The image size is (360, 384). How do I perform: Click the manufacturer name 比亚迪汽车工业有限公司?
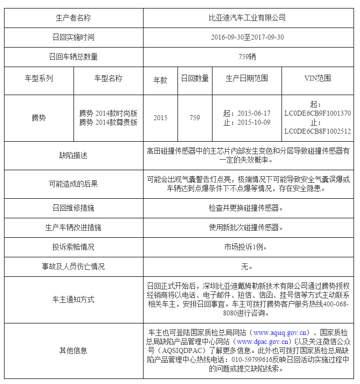[x=247, y=18]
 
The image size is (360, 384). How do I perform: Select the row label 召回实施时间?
[x=73, y=37]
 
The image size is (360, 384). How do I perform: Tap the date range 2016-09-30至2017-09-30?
[x=247, y=37]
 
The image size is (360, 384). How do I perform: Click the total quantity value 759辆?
[x=247, y=57]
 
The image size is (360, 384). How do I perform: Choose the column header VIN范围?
[x=317, y=78]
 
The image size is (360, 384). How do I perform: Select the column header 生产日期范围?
[x=247, y=78]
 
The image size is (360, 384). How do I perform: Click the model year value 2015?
[x=160, y=118]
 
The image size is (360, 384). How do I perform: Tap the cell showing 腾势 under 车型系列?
[x=38, y=118]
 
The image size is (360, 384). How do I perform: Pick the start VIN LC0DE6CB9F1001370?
[x=317, y=113]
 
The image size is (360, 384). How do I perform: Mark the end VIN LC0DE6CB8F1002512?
[x=317, y=131]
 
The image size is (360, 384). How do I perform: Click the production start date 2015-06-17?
[x=253, y=113]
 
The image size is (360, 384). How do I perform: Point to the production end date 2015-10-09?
[x=253, y=122]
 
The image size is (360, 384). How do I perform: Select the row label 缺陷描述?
[x=73, y=155]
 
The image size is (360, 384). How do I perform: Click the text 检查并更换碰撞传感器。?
[x=247, y=208]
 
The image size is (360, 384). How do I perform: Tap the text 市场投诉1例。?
[x=247, y=247]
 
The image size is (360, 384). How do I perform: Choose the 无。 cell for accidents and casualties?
[x=247, y=266]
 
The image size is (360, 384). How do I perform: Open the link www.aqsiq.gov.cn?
[x=279, y=332]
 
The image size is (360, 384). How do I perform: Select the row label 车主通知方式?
[x=73, y=299]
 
